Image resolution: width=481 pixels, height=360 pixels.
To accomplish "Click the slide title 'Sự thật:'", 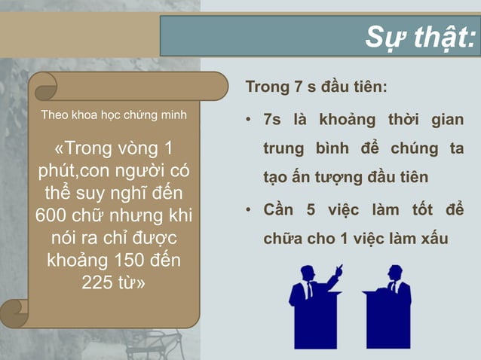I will pos(420,36).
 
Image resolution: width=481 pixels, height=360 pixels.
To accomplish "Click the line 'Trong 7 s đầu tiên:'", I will pos(317,87).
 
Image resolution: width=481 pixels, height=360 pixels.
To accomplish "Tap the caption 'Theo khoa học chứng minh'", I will pos(114,116).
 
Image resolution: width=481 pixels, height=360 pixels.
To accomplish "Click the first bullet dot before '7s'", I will pos(248,121).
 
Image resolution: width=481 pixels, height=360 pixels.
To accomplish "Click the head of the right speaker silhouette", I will pos(394,270).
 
